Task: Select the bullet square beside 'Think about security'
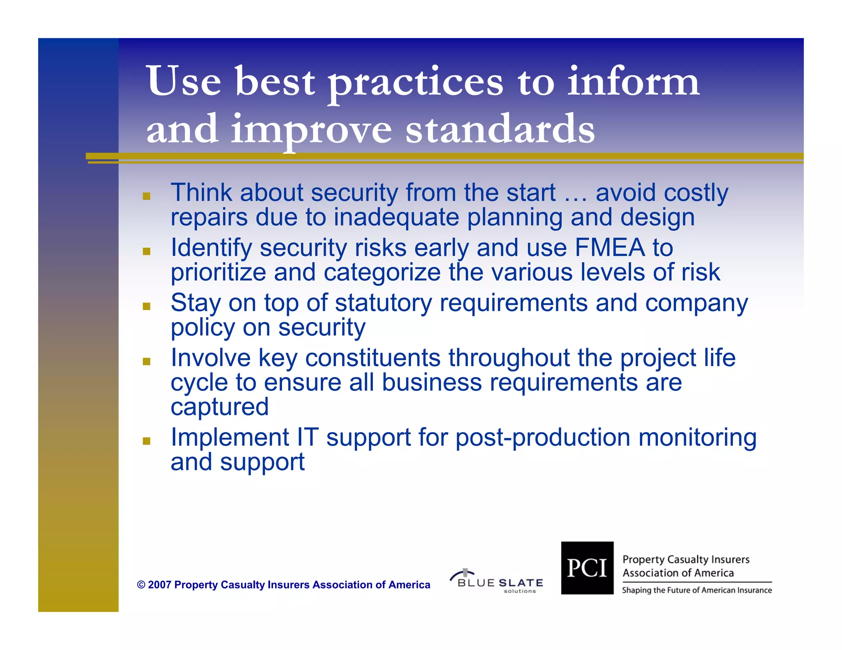146,196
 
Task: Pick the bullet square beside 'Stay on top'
146,306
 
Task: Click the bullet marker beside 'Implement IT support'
146,441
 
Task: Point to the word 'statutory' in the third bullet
383,303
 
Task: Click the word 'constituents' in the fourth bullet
372,357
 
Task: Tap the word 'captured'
220,407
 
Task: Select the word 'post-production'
543,437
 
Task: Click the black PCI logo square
587,568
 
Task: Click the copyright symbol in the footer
141,585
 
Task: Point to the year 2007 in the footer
160,585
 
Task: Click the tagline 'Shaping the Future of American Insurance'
696,590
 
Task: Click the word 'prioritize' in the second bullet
218,273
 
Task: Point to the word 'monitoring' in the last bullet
697,437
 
